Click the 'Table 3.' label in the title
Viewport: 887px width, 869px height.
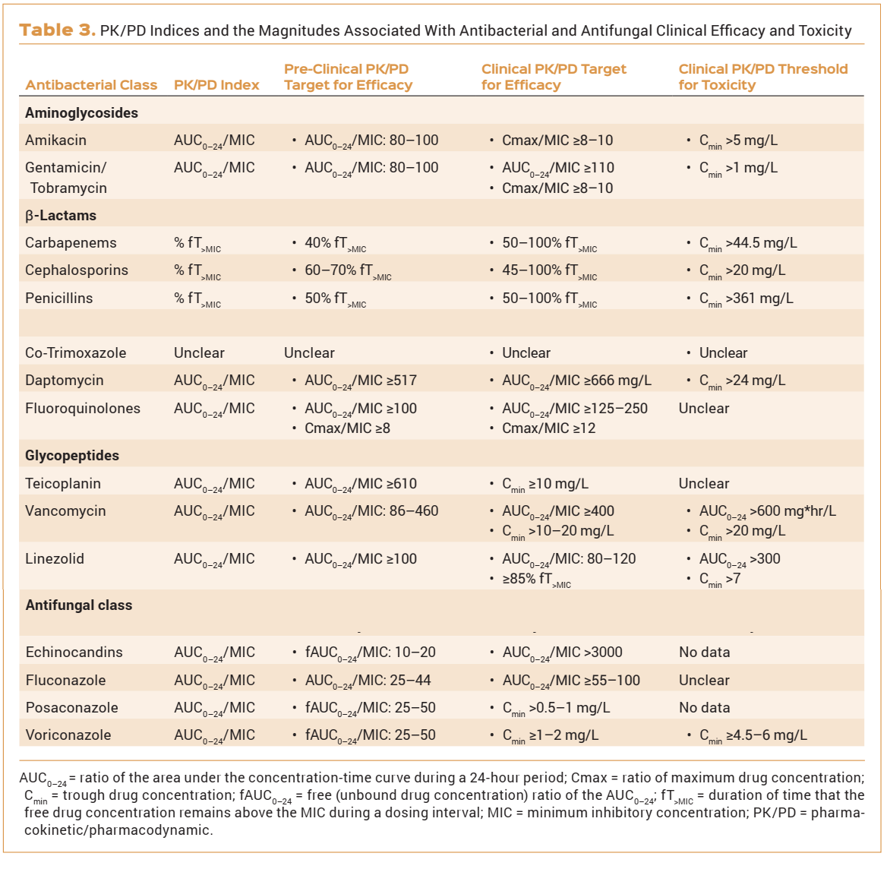(57, 30)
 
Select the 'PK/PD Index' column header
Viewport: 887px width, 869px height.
(216, 85)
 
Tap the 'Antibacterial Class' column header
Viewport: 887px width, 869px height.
(91, 85)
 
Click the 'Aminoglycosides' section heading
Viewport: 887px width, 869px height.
(81, 113)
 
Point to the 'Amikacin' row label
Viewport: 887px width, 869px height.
(55, 141)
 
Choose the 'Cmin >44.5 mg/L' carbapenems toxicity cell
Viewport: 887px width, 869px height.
(748, 244)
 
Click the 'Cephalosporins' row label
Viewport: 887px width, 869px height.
(77, 270)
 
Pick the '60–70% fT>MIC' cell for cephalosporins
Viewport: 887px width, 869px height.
(348, 271)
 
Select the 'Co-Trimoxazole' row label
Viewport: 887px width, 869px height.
(75, 353)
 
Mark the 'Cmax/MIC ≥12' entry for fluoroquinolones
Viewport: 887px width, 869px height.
(548, 428)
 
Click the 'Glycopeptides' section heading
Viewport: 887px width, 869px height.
(72, 456)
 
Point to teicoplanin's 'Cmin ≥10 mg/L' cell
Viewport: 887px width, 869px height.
(545, 484)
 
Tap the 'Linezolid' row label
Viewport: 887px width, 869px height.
(55, 559)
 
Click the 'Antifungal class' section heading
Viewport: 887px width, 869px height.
(79, 605)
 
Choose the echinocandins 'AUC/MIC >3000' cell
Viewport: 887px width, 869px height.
(562, 653)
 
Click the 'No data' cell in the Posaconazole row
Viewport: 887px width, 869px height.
(704, 708)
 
